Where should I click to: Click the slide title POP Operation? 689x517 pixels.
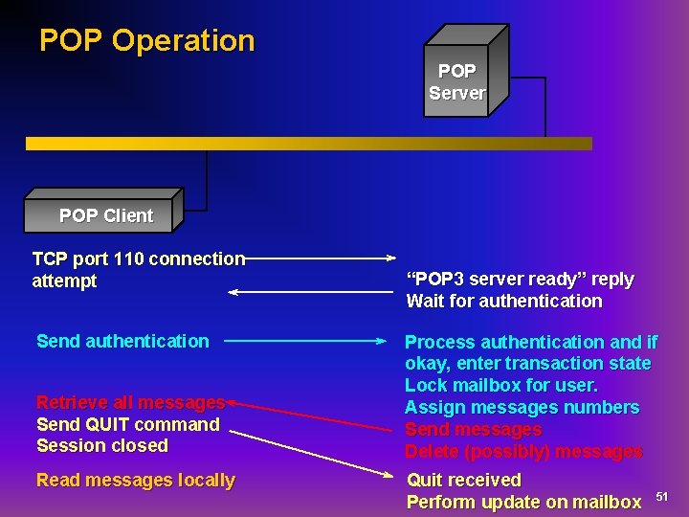tap(146, 40)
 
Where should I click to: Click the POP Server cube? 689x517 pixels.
tap(456, 81)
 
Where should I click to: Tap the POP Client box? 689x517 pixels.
tap(105, 215)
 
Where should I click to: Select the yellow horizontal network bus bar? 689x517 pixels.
tap(308, 144)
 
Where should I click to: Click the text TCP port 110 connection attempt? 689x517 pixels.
tap(138, 269)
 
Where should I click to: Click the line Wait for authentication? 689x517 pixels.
tap(504, 301)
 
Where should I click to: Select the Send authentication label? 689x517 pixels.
tap(122, 341)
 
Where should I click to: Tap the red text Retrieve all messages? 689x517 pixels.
tap(130, 402)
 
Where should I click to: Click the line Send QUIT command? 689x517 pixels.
tap(127, 424)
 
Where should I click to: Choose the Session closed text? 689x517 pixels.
tap(101, 445)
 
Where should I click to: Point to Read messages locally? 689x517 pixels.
tap(135, 480)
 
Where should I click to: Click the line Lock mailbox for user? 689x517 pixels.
tap(500, 385)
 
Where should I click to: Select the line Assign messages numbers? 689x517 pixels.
tap(522, 407)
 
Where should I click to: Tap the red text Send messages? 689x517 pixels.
tap(473, 429)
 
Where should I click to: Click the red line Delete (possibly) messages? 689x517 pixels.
tap(523, 451)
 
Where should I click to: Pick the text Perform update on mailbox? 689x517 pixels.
tap(523, 502)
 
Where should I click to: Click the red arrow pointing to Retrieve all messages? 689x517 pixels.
tap(311, 416)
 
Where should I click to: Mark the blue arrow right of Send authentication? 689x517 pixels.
tap(306, 341)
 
